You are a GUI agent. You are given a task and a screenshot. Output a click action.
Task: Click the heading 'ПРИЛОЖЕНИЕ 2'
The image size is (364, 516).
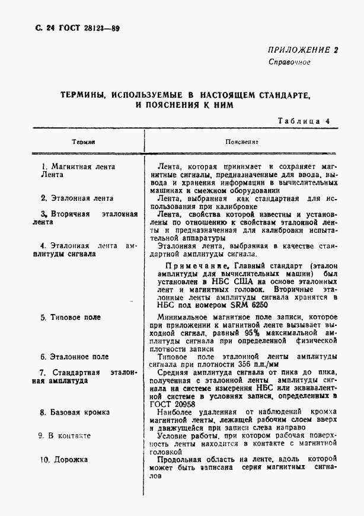point(302,50)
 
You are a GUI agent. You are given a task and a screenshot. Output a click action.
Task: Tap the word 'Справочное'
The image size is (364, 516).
point(289,62)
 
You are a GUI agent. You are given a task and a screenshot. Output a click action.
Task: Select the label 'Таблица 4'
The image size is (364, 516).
point(303,121)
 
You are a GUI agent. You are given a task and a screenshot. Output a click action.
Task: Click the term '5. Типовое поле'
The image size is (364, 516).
point(71,318)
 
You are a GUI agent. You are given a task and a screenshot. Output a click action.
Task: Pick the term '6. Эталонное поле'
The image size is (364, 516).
point(74,357)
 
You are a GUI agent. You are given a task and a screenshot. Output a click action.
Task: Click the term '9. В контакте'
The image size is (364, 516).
point(65,435)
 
